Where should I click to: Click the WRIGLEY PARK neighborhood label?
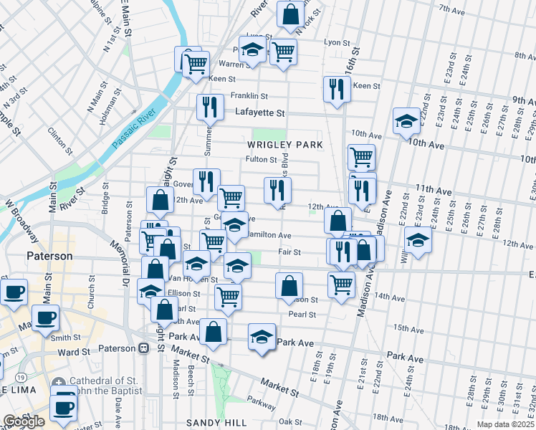285,145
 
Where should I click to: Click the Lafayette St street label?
260,113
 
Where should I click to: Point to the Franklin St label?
249,96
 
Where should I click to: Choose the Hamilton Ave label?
269,235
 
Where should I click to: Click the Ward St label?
72,352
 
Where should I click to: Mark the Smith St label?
65,338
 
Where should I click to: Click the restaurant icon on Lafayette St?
210,107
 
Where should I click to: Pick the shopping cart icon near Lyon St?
283,50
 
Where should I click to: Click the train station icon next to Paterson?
143,348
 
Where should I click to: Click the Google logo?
24,421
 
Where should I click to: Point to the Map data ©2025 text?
505,424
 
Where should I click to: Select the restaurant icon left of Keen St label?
336,88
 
